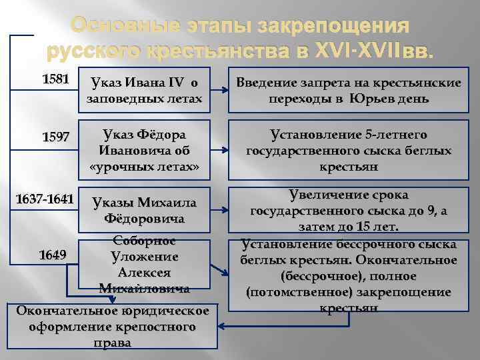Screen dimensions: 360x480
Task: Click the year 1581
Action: coord(55,79)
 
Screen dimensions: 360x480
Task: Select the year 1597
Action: coord(55,137)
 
